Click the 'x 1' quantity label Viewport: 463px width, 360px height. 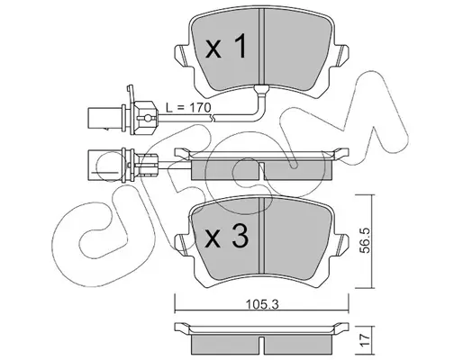click(x=226, y=46)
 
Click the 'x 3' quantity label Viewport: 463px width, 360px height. click(x=226, y=237)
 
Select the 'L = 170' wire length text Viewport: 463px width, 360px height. click(x=189, y=107)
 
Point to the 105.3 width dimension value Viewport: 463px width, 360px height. click(x=262, y=304)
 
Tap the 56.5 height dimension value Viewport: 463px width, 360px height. click(x=366, y=240)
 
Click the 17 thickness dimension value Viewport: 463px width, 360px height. click(x=366, y=340)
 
